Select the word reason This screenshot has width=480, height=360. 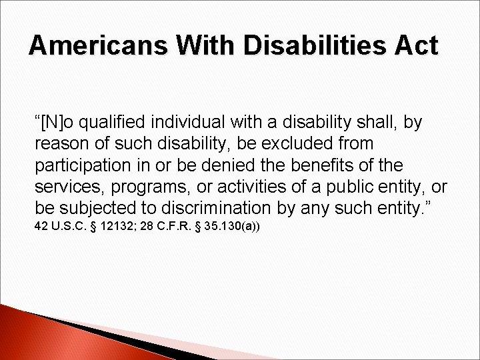click(61, 143)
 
